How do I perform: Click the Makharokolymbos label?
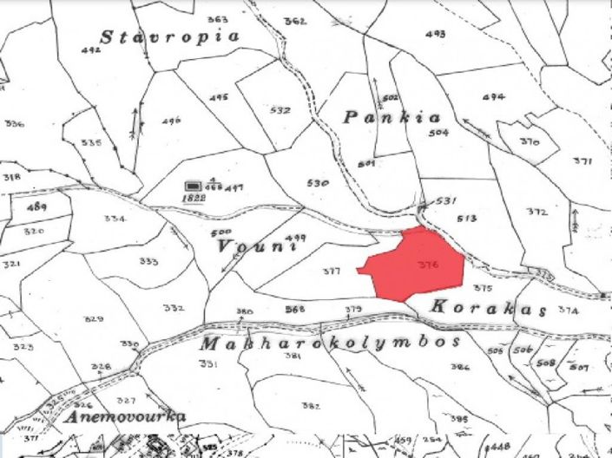coord(330,343)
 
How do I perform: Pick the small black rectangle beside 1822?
coord(193,186)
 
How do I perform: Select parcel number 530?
coord(319,183)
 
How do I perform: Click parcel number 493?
coord(436,34)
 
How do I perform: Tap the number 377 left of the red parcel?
coord(331,272)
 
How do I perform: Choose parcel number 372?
coord(536,212)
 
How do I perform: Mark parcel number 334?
coord(115,219)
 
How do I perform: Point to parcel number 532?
coord(280,110)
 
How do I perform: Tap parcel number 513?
coord(467,219)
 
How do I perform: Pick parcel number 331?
coord(208,363)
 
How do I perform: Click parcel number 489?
coord(36,207)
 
